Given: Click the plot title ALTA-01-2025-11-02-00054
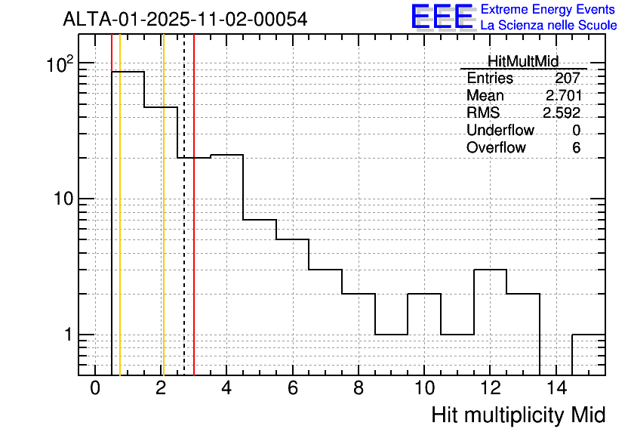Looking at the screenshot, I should (x=185, y=20).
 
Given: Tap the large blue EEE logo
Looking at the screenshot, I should (x=442, y=17).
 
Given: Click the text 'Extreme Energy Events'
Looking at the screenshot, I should (x=548, y=10).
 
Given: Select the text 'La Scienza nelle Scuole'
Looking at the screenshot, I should (x=548, y=26).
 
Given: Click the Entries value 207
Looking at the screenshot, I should (x=567, y=79).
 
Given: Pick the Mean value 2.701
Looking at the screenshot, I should (x=562, y=96).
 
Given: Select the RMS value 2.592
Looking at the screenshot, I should (x=562, y=113).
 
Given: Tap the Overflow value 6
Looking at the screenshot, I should (x=576, y=148).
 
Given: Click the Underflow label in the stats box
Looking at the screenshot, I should (x=500, y=131).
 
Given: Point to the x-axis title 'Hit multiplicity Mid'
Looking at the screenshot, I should (x=518, y=415).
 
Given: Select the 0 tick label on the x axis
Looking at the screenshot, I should (x=95, y=389).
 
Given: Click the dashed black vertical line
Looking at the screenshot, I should (x=184, y=227).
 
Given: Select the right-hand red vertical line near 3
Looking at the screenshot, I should (x=194, y=227).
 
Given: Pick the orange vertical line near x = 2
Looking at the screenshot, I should (x=163, y=227).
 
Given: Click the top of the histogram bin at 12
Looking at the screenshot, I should (x=490, y=270).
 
